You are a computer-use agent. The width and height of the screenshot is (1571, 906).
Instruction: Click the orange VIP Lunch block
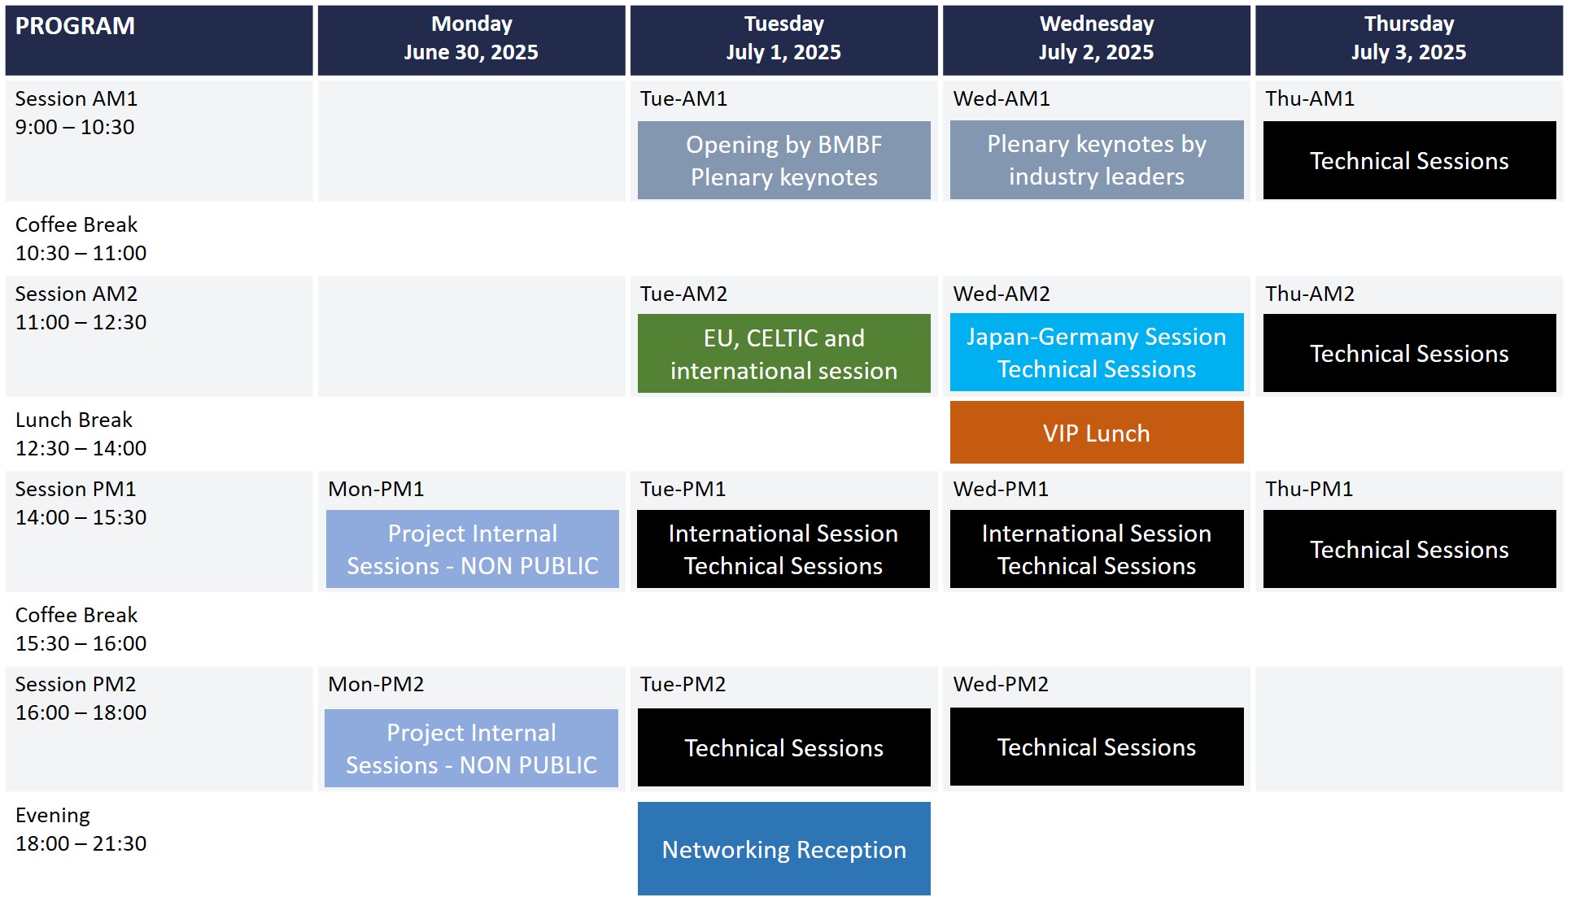tap(1097, 433)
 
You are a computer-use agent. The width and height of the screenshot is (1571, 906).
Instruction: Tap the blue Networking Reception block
tap(784, 849)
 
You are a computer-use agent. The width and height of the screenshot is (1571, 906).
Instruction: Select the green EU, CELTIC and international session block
tap(784, 354)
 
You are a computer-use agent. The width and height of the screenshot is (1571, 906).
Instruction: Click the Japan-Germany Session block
tap(1097, 352)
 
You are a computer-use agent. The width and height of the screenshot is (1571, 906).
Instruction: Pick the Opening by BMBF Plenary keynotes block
tap(784, 160)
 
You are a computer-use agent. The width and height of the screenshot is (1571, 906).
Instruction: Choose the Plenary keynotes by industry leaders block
tap(1097, 160)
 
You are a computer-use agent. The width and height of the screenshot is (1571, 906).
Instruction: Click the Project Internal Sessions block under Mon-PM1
tap(473, 549)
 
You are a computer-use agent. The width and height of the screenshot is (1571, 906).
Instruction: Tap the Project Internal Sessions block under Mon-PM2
tap(472, 748)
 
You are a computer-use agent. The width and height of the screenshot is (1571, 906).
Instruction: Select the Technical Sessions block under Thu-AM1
tap(1410, 160)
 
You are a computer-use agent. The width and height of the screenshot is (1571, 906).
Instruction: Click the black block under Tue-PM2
tap(784, 747)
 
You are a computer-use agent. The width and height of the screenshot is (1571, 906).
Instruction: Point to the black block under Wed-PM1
tap(1097, 549)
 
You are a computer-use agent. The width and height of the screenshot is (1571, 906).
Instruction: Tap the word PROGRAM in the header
tap(75, 26)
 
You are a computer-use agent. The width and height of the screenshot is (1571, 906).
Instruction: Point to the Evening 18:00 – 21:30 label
tap(81, 829)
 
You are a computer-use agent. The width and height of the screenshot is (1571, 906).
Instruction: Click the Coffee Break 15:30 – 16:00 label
tap(81, 629)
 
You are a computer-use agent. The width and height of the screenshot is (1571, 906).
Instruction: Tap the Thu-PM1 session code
tap(1309, 489)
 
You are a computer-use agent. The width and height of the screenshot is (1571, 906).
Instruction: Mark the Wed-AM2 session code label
tap(1002, 294)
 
